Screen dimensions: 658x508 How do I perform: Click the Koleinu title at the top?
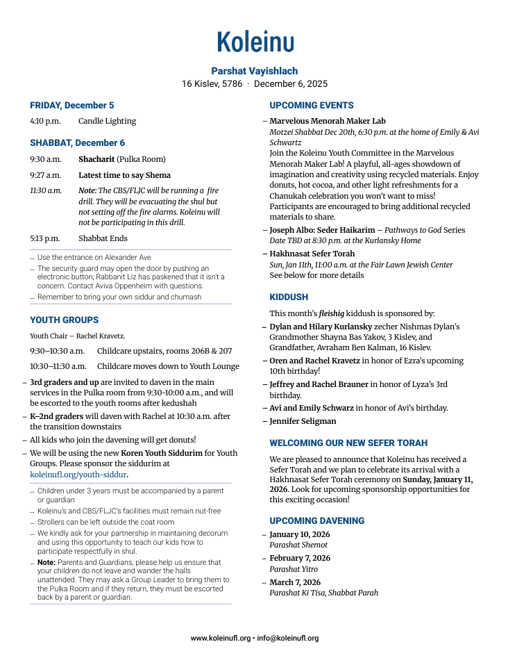point(255,42)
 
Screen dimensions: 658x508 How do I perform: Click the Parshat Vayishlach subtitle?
point(255,71)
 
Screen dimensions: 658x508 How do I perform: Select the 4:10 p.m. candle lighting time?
point(45,121)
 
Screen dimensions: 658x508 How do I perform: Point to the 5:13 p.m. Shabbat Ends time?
point(45,238)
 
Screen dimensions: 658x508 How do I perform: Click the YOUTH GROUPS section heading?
point(65,320)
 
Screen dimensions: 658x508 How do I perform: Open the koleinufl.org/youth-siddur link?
point(78,475)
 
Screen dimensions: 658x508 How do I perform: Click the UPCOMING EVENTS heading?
point(312,106)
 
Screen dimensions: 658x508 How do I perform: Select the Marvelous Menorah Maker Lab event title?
point(328,121)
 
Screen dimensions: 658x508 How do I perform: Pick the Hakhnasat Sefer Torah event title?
point(312,254)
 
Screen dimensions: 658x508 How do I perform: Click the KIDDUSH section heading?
point(289,297)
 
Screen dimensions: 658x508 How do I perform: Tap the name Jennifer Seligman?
point(303,421)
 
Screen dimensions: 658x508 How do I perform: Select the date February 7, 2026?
point(300,558)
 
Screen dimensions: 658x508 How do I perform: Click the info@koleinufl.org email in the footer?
point(288,638)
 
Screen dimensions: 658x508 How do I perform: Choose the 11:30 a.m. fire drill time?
point(45,190)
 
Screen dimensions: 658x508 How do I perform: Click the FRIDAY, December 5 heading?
point(72,106)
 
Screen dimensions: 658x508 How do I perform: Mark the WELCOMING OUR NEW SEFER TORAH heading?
point(348,443)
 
